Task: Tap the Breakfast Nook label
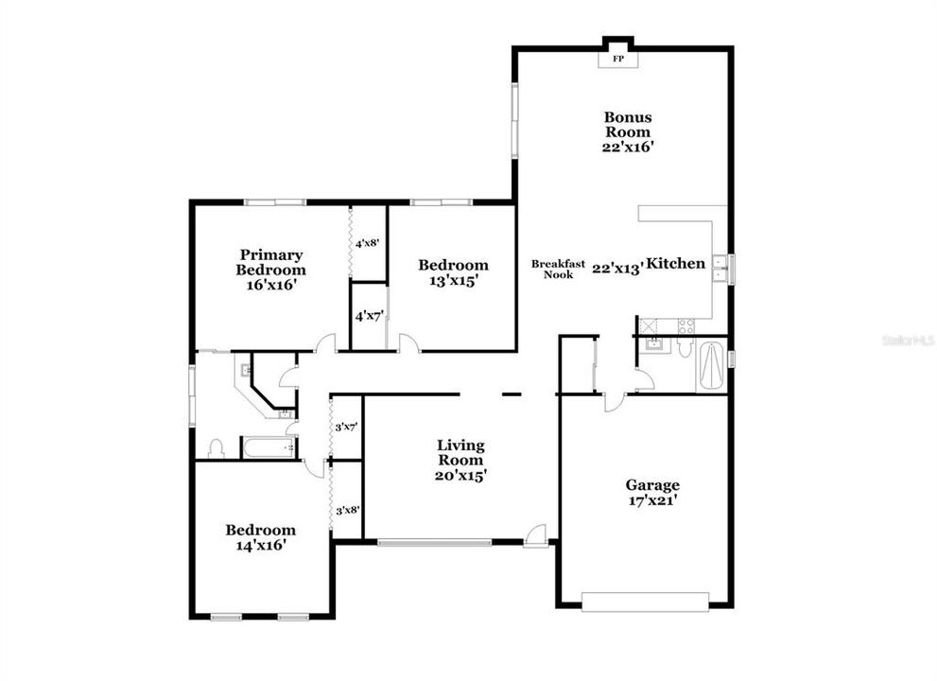pos(557,269)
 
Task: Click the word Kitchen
pos(676,264)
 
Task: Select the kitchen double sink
pos(720,269)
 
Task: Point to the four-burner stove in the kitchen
pos(685,324)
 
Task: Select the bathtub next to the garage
pos(711,364)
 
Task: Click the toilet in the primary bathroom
pos(216,446)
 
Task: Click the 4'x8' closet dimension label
pos(368,243)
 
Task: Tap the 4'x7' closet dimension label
pos(368,316)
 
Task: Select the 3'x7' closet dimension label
pos(347,428)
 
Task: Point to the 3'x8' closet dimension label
pos(347,511)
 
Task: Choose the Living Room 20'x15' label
pos(460,461)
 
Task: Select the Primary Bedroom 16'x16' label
pos(271,269)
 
